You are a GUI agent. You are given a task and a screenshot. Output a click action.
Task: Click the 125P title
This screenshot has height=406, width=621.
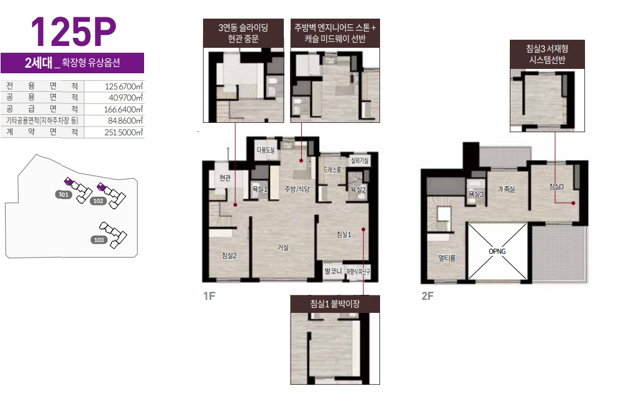(73, 32)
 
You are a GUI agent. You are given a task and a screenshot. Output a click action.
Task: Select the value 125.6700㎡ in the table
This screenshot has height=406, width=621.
(124, 86)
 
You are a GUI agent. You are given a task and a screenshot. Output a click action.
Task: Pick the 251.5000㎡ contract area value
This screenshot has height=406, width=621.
(124, 132)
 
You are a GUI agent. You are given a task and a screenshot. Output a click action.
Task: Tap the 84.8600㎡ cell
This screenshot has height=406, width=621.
(125, 120)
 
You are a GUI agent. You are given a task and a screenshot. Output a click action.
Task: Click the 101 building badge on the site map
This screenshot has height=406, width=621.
(63, 194)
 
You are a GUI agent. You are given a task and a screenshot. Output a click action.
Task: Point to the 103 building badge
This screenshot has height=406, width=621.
(99, 240)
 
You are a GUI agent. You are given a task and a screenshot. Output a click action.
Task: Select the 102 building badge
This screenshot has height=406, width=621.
(98, 201)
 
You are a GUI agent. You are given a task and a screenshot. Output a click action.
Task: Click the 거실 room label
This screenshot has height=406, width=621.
(283, 248)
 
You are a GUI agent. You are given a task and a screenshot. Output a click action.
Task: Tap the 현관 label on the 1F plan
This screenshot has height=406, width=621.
(225, 178)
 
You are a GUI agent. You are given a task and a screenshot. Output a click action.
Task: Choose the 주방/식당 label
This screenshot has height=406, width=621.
(297, 189)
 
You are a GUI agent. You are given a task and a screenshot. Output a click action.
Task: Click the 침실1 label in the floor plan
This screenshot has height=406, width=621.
(344, 235)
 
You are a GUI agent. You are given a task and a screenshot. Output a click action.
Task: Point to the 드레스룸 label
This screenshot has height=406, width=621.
(332, 170)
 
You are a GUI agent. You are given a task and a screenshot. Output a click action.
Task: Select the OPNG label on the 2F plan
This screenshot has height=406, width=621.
(497, 251)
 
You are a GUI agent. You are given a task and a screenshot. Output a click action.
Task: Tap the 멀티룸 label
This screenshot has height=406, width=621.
(446, 258)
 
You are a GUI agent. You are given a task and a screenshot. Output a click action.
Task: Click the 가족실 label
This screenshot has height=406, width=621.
(506, 189)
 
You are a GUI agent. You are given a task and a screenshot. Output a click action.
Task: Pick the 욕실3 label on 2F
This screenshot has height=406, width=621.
(476, 194)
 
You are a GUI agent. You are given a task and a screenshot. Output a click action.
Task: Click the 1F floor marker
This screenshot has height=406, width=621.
(209, 296)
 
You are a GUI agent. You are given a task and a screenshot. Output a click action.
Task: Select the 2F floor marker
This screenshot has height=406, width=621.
(427, 296)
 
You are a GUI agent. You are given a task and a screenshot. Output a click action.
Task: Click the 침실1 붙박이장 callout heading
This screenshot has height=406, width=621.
(335, 304)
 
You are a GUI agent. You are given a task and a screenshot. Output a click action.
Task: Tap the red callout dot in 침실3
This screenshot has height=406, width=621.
(573, 203)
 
